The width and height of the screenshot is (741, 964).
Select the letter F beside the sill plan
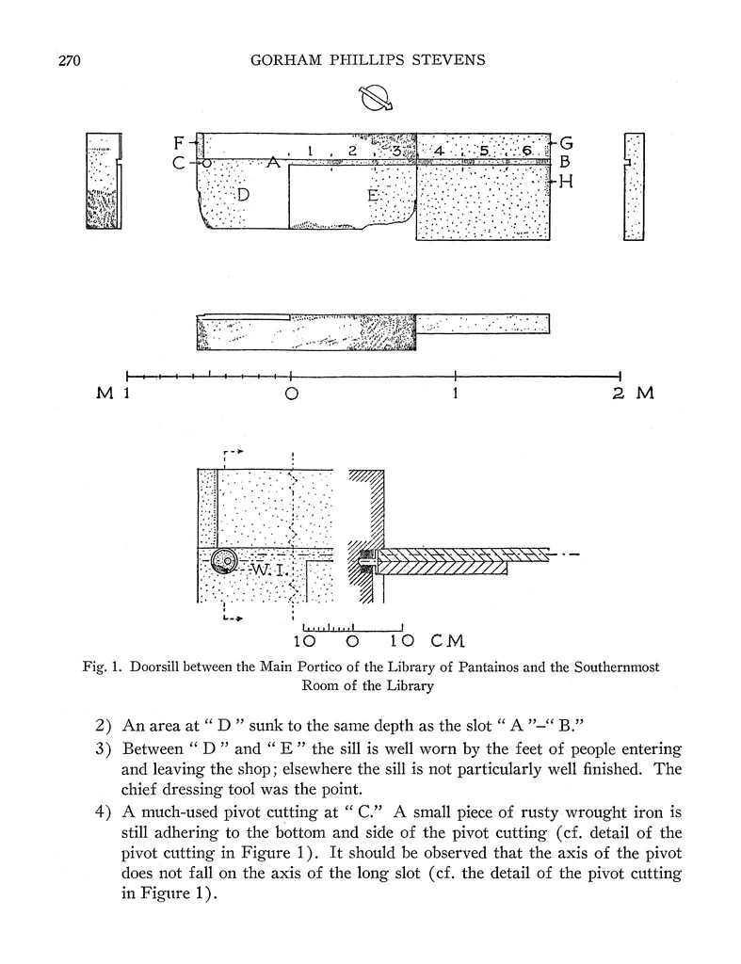coord(179,144)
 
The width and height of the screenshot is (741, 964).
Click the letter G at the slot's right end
coord(566,144)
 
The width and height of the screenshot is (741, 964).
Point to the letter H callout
coord(566,182)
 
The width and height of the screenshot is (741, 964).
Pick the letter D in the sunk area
coord(243,195)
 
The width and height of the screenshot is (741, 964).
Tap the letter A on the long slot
coord(273,163)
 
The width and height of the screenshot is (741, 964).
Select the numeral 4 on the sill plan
coord(438,151)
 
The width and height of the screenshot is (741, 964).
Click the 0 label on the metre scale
coord(292,394)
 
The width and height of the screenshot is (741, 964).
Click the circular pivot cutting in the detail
coord(222,561)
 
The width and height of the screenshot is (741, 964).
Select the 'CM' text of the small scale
coord(447,642)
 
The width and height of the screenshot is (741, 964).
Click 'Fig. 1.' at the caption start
coord(105,667)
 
